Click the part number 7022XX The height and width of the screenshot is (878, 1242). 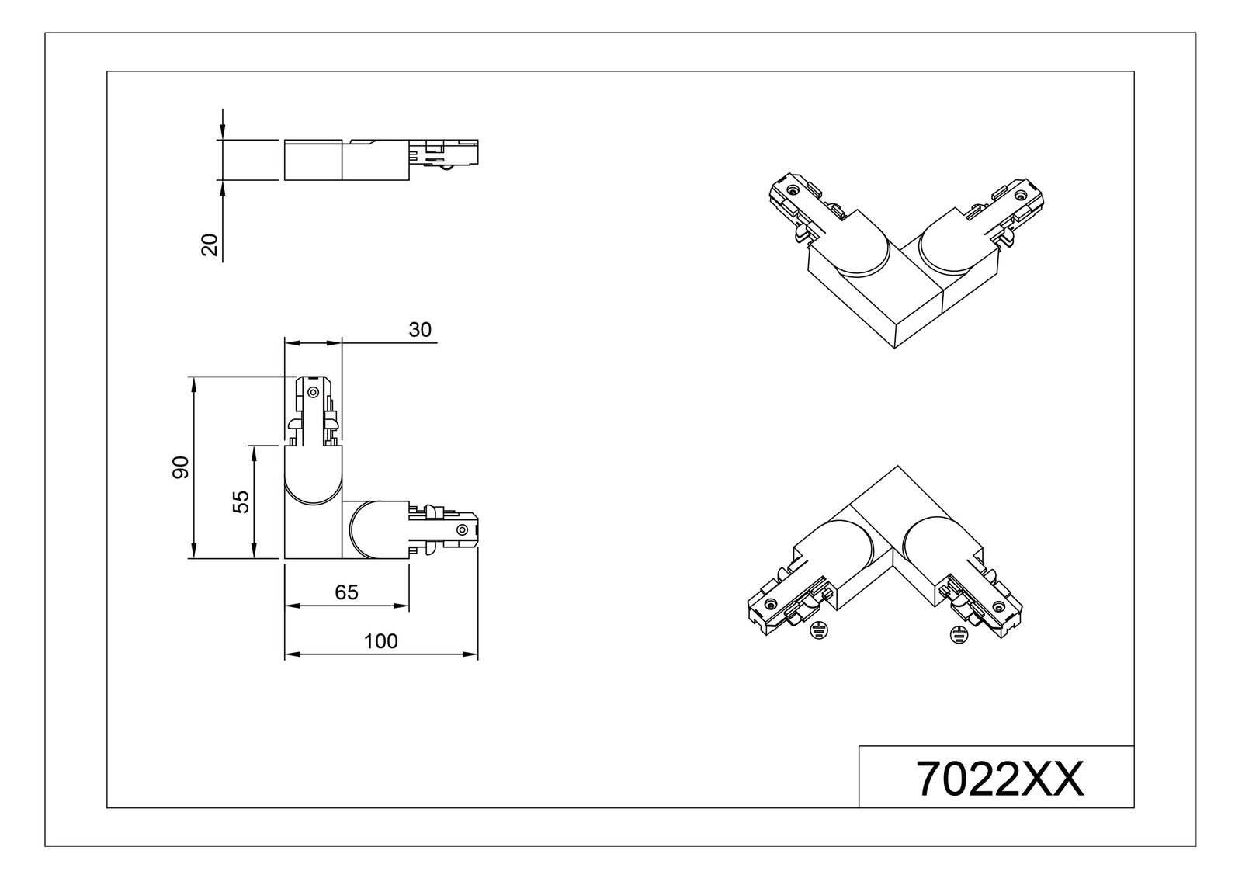[1000, 778]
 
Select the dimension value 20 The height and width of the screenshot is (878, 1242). [209, 245]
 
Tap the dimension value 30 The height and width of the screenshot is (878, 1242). [420, 329]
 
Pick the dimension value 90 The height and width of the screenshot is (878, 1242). [180, 467]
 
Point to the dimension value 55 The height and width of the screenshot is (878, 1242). [241, 501]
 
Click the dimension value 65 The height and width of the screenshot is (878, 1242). [346, 592]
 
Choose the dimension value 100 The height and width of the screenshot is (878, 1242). [380, 641]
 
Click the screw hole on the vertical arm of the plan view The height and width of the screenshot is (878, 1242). [313, 390]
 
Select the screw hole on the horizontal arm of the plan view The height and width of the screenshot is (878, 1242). [462, 530]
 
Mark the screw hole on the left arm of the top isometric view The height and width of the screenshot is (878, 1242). [792, 190]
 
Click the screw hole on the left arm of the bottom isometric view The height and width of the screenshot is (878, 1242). [770, 605]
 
